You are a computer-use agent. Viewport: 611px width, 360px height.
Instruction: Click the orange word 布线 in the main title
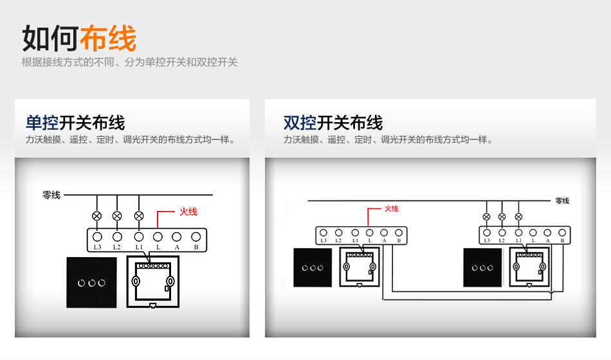108,39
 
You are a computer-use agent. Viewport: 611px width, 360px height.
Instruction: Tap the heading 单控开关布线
75,122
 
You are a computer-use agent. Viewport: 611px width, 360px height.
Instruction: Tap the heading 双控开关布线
333,122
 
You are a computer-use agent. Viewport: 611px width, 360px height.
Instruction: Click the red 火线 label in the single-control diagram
188,212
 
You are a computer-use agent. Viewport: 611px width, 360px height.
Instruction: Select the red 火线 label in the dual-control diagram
391,208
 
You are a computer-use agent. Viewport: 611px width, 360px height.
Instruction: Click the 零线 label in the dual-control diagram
561,201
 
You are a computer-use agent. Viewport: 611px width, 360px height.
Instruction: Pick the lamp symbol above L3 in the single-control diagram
97,216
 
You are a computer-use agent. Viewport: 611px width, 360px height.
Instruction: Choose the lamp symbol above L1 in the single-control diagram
138,216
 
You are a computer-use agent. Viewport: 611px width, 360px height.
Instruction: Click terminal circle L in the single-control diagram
158,236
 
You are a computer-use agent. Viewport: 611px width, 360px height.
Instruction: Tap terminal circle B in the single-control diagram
196,236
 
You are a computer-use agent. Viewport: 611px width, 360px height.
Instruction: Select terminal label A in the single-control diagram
177,247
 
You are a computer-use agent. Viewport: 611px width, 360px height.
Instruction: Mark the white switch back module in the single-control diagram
152,282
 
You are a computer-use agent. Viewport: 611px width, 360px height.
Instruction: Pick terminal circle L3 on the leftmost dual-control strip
323,233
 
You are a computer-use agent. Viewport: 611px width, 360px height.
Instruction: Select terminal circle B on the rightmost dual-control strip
562,232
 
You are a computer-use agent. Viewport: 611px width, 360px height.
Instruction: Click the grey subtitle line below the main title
129,62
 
